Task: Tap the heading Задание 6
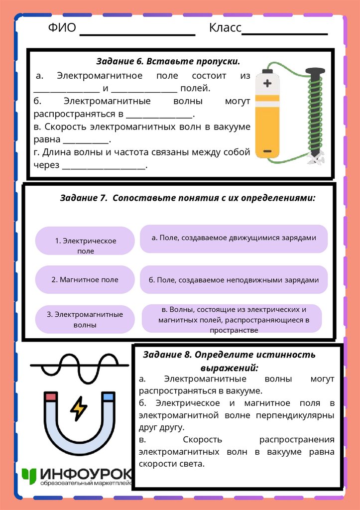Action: point(168,62)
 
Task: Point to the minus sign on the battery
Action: point(267,150)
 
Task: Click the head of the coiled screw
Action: point(315,72)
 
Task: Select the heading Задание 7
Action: point(188,197)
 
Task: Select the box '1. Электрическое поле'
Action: point(85,246)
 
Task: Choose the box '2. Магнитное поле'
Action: point(85,279)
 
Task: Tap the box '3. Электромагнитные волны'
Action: point(85,319)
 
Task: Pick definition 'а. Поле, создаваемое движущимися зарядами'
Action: point(234,238)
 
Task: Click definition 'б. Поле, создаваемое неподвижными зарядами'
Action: point(234,280)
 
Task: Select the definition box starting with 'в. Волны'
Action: point(232,319)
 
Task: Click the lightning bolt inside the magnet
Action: point(79,408)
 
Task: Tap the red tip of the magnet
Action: point(50,397)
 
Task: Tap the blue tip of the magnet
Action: point(108,397)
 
